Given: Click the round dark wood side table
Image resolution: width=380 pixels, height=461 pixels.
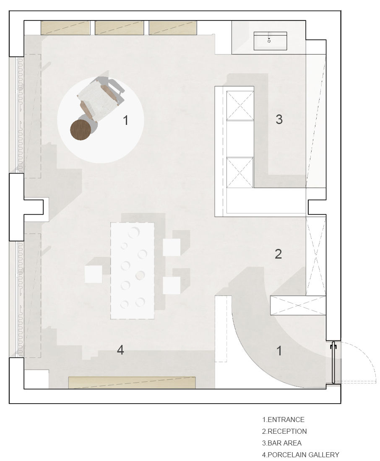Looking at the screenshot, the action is tap(81, 129).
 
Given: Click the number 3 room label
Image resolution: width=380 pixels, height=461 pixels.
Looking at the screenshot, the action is tap(279, 119).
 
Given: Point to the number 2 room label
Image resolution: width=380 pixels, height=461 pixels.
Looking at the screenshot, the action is tap(278, 254).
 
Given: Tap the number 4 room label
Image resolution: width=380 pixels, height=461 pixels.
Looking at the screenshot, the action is tap(120, 350).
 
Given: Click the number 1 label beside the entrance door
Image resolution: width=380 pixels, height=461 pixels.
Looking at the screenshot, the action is tap(279, 351).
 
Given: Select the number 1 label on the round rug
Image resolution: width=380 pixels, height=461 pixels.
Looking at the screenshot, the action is tap(126, 120).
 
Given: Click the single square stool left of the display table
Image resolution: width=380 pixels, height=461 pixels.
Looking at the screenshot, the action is tap(94, 274).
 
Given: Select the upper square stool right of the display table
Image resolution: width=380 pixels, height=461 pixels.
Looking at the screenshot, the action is tap(172, 247).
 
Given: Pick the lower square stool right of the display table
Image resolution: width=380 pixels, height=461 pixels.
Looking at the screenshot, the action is tap(172, 285).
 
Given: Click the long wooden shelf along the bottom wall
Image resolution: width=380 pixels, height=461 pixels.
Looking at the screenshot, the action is tap(132, 383).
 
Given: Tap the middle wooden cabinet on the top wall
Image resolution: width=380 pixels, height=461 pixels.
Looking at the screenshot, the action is tap(119, 28).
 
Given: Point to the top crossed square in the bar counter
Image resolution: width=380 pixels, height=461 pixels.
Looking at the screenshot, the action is tap(240, 106).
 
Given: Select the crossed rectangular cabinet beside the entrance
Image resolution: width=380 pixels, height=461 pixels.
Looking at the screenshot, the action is tap(298, 306).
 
